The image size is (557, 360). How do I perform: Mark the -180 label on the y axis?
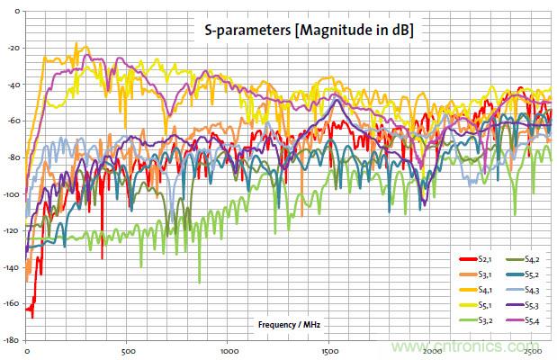click(x=11, y=341)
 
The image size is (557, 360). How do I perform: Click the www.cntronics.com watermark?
click(x=468, y=346)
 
